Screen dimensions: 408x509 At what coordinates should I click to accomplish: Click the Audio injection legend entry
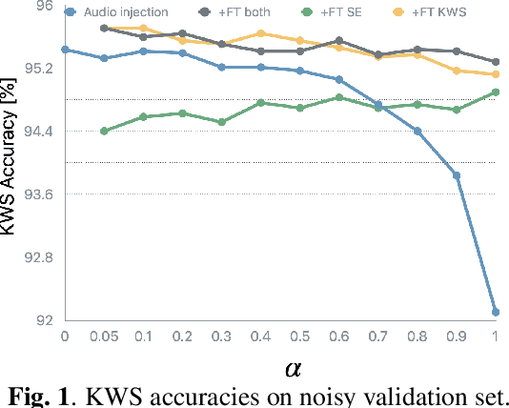click(125, 12)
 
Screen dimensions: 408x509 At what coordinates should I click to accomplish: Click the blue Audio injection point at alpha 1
click(496, 312)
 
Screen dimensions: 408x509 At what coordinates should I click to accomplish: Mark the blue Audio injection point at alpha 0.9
click(457, 175)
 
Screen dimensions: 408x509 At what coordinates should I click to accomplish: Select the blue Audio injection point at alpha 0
click(65, 49)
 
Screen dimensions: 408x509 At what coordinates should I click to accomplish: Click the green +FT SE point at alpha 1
click(496, 92)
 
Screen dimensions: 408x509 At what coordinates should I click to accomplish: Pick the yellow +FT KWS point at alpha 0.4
click(261, 33)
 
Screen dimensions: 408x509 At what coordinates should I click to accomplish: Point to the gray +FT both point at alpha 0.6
click(339, 41)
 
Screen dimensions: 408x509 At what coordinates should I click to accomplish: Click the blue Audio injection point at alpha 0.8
click(417, 131)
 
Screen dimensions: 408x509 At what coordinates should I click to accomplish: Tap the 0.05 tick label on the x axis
click(104, 337)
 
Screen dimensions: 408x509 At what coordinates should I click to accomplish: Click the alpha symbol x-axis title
click(294, 367)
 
